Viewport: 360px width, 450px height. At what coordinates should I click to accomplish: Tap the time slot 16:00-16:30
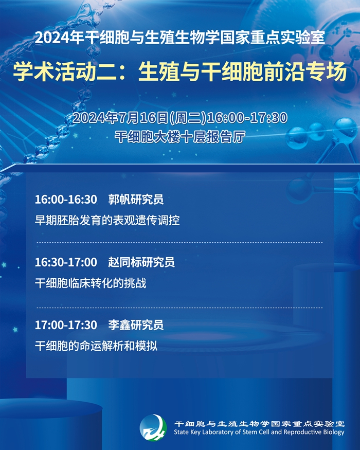pyautogui.click(x=66, y=200)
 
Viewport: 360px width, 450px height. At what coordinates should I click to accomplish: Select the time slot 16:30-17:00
pyautogui.click(x=66, y=262)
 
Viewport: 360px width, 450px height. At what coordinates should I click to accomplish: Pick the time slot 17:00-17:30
pyautogui.click(x=66, y=325)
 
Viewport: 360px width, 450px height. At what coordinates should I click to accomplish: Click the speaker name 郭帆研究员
pyautogui.click(x=136, y=200)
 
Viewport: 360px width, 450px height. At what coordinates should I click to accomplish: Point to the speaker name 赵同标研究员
pyautogui.click(x=141, y=262)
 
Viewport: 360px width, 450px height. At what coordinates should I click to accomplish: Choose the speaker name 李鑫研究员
pyautogui.click(x=136, y=325)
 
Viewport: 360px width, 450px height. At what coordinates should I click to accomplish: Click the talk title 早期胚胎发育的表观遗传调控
pyautogui.click(x=107, y=221)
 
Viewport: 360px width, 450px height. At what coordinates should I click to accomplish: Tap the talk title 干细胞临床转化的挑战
pyautogui.click(x=91, y=283)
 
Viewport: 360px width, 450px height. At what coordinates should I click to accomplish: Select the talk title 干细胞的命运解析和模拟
pyautogui.click(x=96, y=346)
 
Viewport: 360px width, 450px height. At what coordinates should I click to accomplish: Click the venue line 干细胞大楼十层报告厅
pyautogui.click(x=180, y=137)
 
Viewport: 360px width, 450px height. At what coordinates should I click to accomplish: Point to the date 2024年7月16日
pyautogui.click(x=120, y=118)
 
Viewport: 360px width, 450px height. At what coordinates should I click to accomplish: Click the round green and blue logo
pyautogui.click(x=153, y=428)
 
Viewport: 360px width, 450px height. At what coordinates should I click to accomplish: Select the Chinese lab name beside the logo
pyautogui.click(x=259, y=424)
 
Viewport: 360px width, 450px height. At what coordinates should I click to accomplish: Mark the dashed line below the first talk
pyautogui.click(x=179, y=242)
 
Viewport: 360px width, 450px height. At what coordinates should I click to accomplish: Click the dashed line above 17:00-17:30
pyautogui.click(x=179, y=308)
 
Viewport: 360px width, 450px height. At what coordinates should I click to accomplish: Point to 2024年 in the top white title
pyautogui.click(x=60, y=38)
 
